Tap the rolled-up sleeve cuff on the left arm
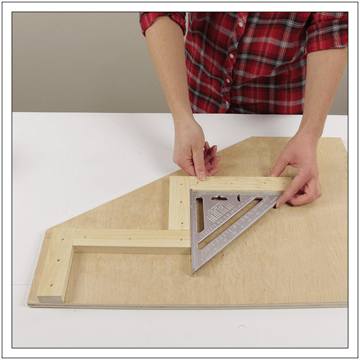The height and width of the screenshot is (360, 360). point(163,22)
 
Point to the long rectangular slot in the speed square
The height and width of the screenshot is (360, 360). point(200,215)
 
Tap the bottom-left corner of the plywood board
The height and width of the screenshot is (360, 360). point(30,303)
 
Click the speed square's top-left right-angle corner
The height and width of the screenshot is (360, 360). point(193,192)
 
